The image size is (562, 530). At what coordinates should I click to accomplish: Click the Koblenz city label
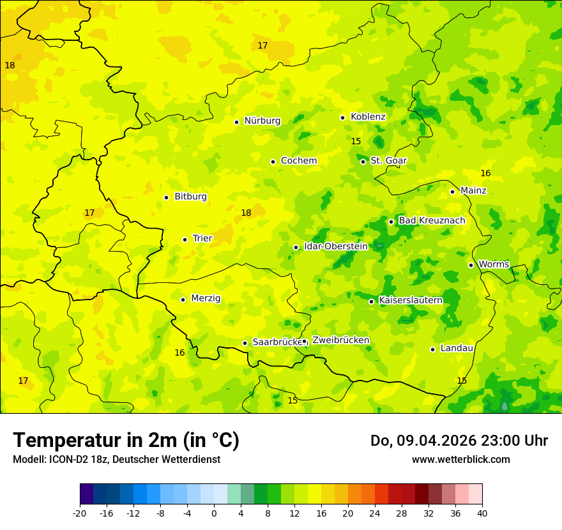368,117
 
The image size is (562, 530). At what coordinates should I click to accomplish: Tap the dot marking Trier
185,239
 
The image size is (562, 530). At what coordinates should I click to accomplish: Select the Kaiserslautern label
411,300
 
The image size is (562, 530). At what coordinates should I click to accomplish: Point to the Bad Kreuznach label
432,220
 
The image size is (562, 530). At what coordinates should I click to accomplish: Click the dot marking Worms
471,265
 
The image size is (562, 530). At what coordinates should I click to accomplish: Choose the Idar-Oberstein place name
336,246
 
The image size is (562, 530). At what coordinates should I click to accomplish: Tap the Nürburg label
262,121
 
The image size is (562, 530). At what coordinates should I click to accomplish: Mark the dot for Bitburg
166,197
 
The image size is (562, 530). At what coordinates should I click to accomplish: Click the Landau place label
457,348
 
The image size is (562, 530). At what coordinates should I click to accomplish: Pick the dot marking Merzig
183,299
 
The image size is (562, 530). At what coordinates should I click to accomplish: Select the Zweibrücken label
340,340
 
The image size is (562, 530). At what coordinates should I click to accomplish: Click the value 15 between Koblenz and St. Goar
356,141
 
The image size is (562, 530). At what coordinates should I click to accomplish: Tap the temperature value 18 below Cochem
246,213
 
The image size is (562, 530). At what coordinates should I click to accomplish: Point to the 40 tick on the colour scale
482,512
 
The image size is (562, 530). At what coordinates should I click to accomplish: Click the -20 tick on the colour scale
80,512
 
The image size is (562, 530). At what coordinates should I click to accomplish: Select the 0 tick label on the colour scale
214,512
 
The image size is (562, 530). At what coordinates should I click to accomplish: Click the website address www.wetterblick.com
460,459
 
